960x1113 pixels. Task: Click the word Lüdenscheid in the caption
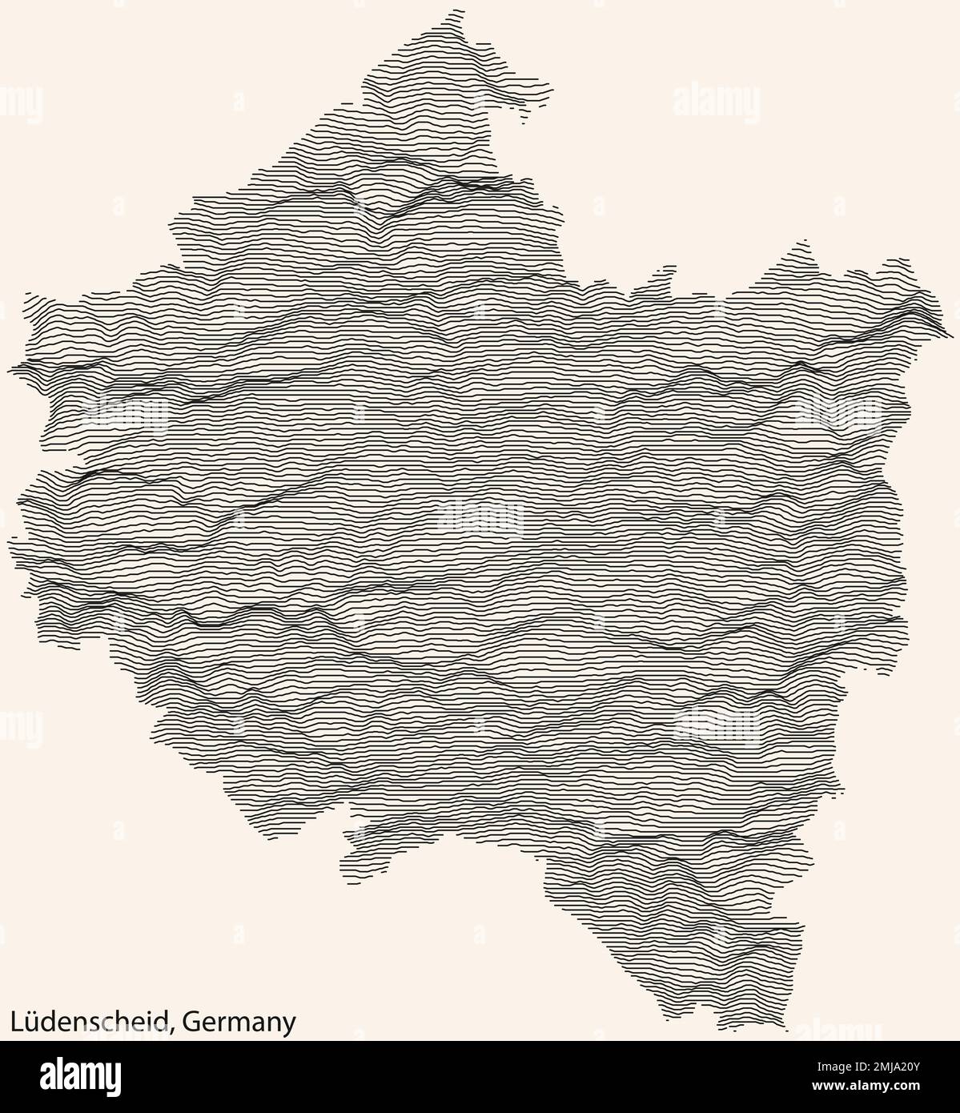tap(88, 1021)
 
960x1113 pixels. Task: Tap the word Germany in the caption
tap(239, 1023)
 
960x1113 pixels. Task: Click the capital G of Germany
tap(191, 1022)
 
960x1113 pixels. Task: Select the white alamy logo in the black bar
tap(82, 1075)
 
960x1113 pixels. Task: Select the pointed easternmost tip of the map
tap(948, 331)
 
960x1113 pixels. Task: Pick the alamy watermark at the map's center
tap(481, 518)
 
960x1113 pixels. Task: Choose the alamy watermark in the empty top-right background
tap(717, 102)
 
